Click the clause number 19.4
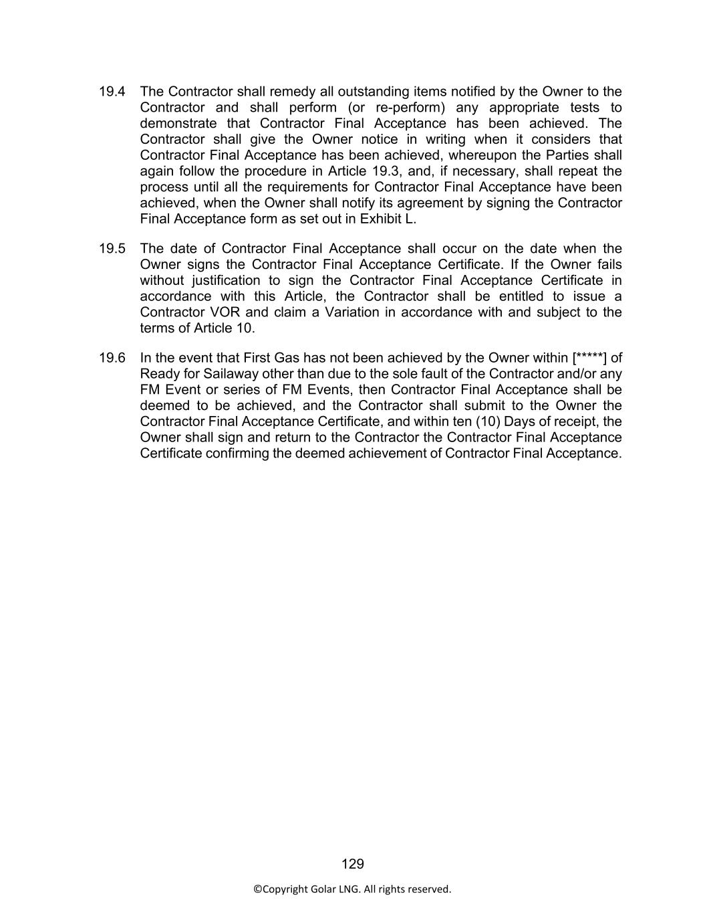112,92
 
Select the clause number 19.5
112,249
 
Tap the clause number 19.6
112,358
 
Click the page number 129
352,864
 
